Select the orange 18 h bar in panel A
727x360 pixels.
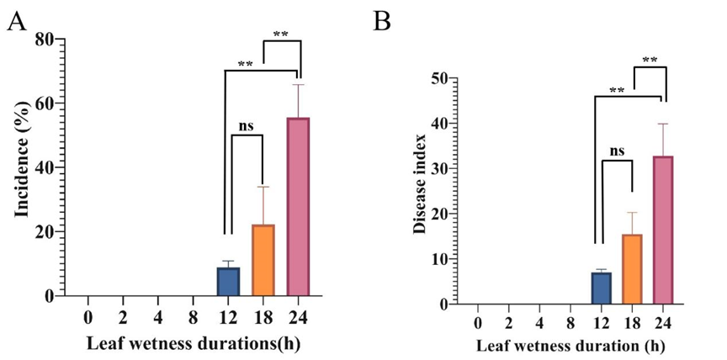pos(263,261)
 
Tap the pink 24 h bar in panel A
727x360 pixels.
pos(298,207)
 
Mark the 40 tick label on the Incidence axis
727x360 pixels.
pos(45,167)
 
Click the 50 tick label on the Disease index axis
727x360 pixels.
pos(438,78)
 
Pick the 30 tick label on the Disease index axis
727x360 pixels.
pos(438,168)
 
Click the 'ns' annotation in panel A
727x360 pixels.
pos(246,126)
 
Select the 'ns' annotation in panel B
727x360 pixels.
pos(617,151)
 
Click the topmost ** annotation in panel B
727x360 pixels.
pos(650,60)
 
